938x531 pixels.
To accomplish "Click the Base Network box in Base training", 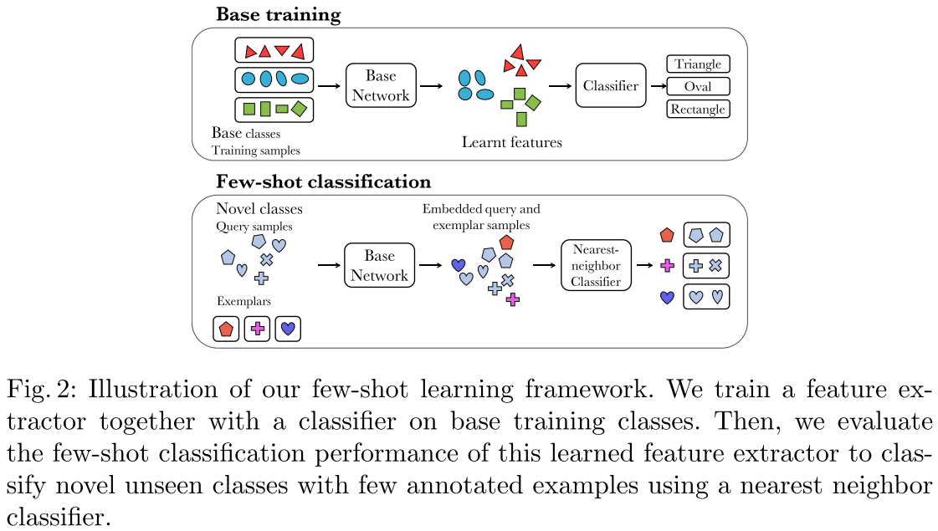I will (380, 85).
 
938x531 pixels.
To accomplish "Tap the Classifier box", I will (611, 85).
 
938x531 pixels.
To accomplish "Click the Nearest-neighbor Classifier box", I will (596, 265).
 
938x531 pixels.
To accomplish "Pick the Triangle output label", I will (698, 64).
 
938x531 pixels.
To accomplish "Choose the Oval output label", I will (698, 86).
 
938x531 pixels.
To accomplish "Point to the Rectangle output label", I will (698, 109).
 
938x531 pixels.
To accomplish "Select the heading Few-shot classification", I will (323, 181).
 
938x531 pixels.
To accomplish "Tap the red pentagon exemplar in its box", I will (226, 329).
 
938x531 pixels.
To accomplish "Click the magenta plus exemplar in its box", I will (257, 329).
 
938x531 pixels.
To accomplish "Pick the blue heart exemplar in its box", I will (287, 329).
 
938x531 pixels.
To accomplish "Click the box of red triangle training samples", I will (274, 50).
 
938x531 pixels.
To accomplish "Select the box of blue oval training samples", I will (274, 79).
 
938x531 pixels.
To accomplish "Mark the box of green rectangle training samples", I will (274, 109).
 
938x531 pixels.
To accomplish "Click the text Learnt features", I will (511, 142).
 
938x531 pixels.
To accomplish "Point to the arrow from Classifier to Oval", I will (656, 85).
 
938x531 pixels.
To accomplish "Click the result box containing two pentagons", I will (706, 235).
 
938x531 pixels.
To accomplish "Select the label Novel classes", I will (259, 209).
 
